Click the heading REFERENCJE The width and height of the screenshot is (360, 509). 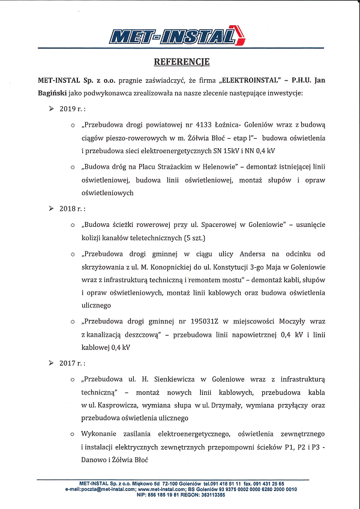click(181, 62)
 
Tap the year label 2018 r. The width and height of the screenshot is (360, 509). click(72, 208)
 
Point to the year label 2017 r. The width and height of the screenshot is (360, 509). click(72, 363)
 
